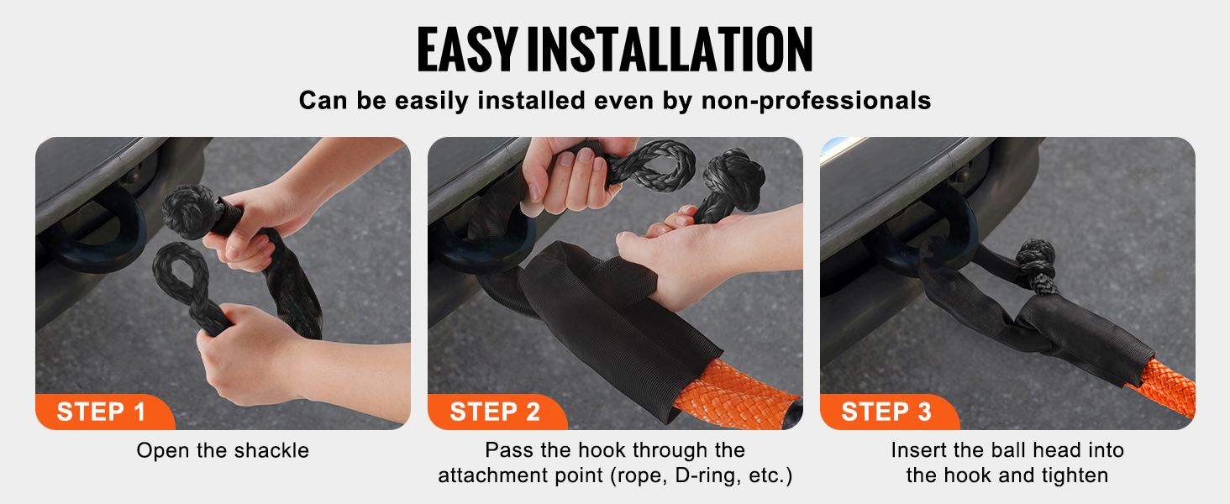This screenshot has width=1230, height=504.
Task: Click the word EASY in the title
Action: click(467, 50)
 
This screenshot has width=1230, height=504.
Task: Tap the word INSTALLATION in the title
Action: click(670, 50)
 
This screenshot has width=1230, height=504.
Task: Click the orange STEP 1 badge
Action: click(104, 412)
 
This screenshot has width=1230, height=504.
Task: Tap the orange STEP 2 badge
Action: click(497, 412)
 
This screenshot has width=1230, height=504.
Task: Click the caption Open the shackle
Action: click(223, 451)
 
